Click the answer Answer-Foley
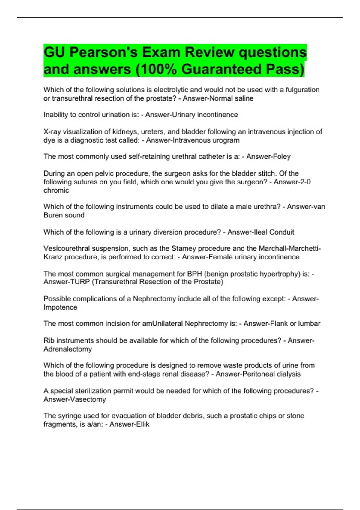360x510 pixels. pos(268,157)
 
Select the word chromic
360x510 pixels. pos(56,190)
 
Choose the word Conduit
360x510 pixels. pos(282,232)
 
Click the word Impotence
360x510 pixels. pos(60,307)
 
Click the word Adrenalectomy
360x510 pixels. pos(68,349)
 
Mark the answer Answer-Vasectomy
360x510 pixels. pos(75,400)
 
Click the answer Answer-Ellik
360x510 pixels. pos(129,424)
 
